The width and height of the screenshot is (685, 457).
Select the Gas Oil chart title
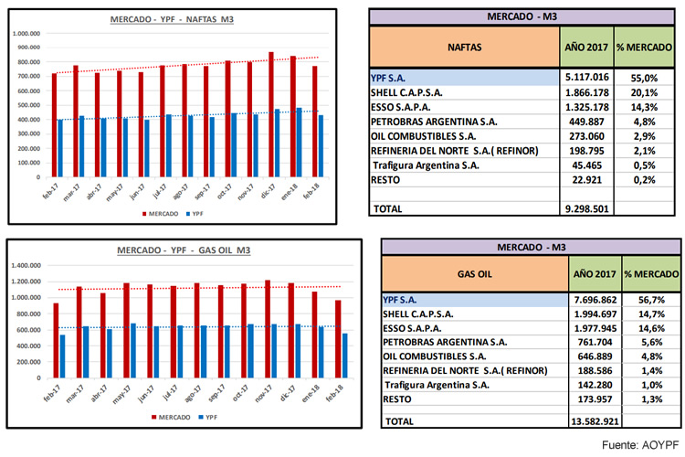pyautogui.click(x=172, y=250)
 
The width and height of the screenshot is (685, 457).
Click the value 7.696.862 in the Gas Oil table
pyautogui.click(x=591, y=298)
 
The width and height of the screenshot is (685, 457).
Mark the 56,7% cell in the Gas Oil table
pyautogui.click(x=650, y=298)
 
